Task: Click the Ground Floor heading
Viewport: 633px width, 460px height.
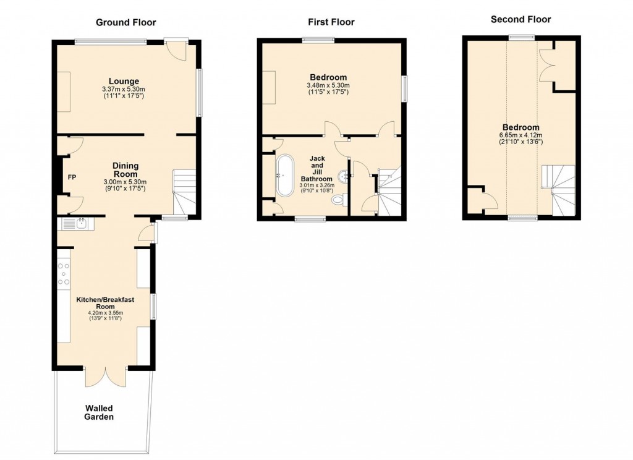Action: [x=125, y=22]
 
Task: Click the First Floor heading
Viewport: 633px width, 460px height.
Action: [x=331, y=22]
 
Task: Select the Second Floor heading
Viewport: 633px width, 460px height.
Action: [x=520, y=19]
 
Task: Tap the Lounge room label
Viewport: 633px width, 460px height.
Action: [x=124, y=81]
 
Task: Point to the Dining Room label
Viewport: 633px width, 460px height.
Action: [x=125, y=170]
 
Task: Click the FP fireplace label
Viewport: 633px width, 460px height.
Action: [x=72, y=178]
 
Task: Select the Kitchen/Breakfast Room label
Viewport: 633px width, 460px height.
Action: [x=105, y=302]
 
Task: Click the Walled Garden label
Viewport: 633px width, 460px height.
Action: [x=99, y=412]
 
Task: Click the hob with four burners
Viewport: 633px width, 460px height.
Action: [x=64, y=273]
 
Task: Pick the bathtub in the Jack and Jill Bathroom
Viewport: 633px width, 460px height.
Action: [x=285, y=176]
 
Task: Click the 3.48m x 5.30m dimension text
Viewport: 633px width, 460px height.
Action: [x=328, y=85]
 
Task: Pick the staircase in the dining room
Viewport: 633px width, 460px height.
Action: [x=184, y=192]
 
